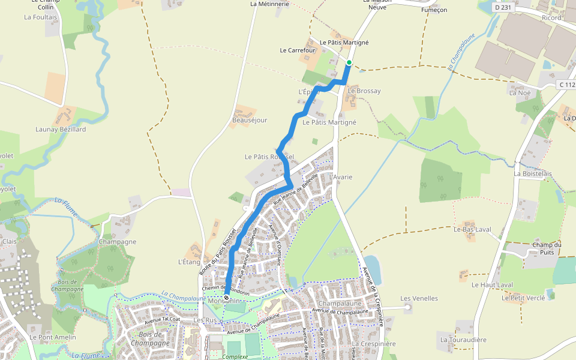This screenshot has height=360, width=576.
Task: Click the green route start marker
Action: [349, 62]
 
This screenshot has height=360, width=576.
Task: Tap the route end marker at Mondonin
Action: [226, 298]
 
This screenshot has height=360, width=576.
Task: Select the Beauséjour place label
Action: [250, 120]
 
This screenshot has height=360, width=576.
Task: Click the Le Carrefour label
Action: [298, 50]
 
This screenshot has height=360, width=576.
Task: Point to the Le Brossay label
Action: [364, 91]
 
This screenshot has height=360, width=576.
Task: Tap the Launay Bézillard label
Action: [61, 129]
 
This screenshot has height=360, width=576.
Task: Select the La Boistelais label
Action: [533, 173]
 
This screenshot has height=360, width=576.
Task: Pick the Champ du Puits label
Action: [547, 248]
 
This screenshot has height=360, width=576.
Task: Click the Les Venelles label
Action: [419, 298]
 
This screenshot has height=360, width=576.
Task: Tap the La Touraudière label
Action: [463, 339]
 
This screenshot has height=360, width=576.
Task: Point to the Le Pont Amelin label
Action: [53, 337]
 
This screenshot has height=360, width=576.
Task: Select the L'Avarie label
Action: [341, 177]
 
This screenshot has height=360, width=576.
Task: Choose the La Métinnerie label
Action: [269, 4]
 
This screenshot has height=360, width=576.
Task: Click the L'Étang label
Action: [189, 262]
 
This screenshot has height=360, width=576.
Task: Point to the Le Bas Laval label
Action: [472, 229]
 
